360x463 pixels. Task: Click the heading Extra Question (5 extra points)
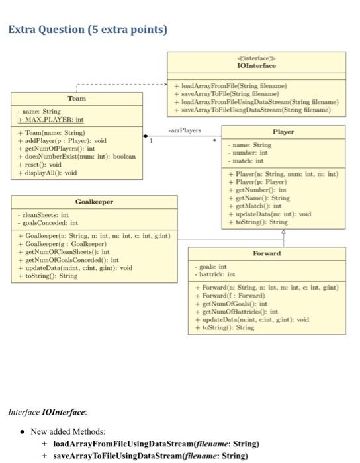tap(87, 30)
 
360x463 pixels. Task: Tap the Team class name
tap(77, 98)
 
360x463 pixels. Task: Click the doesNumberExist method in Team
tap(77, 157)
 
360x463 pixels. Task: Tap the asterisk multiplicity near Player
tap(213, 141)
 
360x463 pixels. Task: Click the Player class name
tap(283, 132)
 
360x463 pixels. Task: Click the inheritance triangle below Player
tap(283, 232)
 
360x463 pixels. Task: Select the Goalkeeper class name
tap(94, 202)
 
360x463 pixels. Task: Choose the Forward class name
tap(266, 253)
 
